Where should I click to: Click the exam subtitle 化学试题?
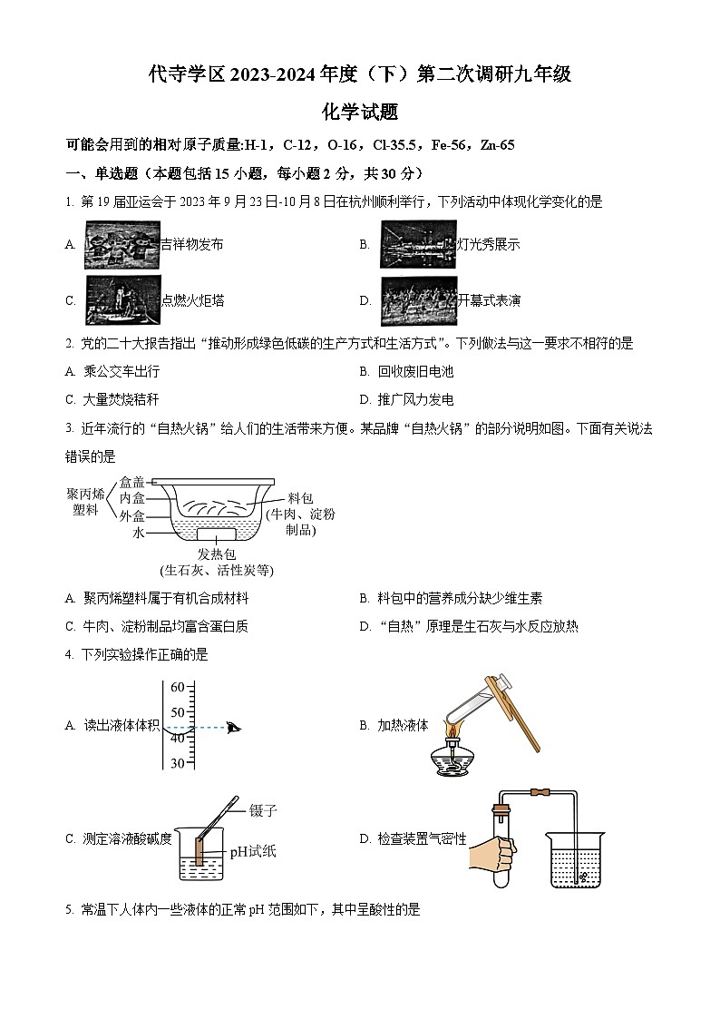click(x=360, y=113)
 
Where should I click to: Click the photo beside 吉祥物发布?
click(x=122, y=245)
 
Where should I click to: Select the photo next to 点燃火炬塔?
click(x=122, y=300)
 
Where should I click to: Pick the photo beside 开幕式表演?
click(x=417, y=300)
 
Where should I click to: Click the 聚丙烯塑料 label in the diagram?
click(x=86, y=502)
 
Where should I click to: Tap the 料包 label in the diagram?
click(x=300, y=498)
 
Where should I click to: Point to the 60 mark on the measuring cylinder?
click(x=177, y=687)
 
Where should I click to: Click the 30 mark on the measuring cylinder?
click(x=177, y=763)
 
